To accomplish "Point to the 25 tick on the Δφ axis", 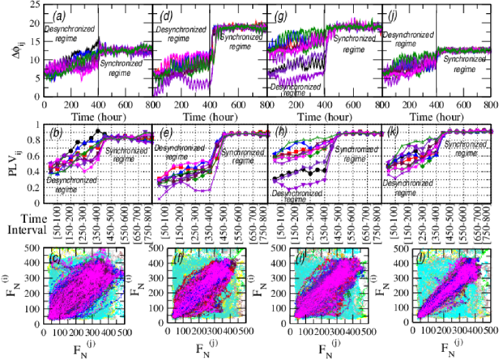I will (x=35, y=5).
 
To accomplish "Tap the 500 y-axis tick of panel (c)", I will (x=33, y=250).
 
